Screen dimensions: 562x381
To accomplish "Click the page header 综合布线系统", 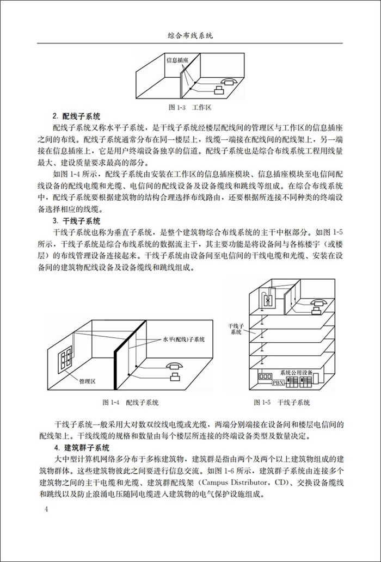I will (x=190, y=35).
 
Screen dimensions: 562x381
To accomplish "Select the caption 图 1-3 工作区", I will (x=190, y=108).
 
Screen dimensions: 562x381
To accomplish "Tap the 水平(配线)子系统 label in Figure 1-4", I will (x=183, y=339).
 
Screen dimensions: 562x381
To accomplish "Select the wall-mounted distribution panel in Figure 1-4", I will (x=68, y=356).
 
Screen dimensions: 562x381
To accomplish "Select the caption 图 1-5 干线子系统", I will (x=281, y=403).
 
